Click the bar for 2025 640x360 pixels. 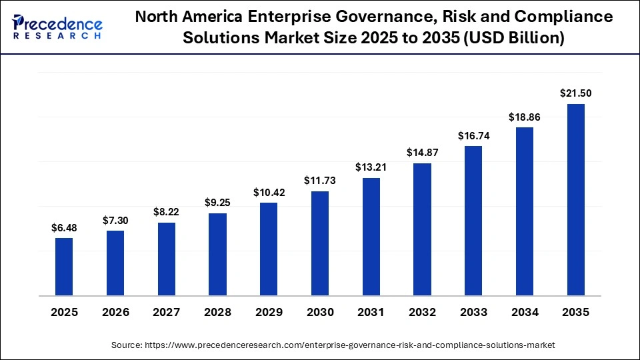click(x=64, y=267)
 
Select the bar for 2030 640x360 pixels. click(x=320, y=243)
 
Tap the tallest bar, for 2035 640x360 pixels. click(x=576, y=199)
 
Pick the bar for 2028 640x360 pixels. click(x=217, y=254)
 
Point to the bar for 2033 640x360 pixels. click(x=473, y=221)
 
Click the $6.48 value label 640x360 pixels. click(x=64, y=228)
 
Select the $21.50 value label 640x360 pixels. click(x=576, y=93)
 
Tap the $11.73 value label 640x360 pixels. click(x=320, y=181)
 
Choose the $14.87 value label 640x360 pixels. click(x=423, y=153)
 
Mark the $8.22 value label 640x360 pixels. click(x=166, y=212)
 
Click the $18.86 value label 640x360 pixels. click(x=525, y=117)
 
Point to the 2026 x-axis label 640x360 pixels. click(x=115, y=312)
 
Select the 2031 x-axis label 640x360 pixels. click(x=371, y=312)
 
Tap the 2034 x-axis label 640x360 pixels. click(x=525, y=312)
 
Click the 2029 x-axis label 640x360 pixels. click(x=269, y=312)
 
